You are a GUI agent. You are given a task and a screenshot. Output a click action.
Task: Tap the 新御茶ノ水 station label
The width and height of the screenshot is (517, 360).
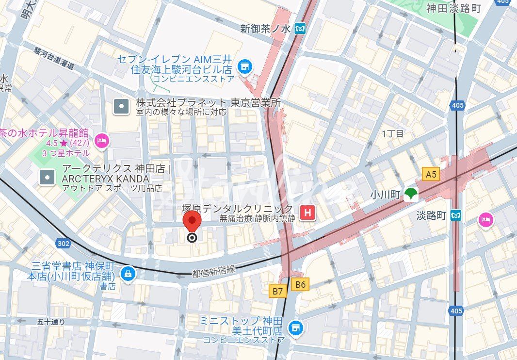pos(265,29)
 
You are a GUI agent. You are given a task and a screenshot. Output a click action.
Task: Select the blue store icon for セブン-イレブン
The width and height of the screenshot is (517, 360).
pos(245,65)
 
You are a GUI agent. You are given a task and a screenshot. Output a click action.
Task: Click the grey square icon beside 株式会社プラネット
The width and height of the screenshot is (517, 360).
pos(121,106)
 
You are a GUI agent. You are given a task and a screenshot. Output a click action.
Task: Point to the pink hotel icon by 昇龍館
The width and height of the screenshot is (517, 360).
pos(102,141)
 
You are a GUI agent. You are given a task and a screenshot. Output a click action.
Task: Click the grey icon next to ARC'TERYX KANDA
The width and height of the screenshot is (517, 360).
pos(47,177)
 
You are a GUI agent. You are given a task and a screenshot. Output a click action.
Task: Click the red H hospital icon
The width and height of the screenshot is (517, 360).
pos(307,213)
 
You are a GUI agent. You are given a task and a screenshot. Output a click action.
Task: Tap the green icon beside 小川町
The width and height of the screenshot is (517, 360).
pos(411,194)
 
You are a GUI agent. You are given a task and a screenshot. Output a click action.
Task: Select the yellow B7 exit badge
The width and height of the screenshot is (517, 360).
pos(277,291)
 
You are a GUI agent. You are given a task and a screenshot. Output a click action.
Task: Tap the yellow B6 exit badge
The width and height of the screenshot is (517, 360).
pos(301,284)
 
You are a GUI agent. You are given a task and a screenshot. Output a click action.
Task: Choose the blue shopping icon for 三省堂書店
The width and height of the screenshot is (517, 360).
pos(127,273)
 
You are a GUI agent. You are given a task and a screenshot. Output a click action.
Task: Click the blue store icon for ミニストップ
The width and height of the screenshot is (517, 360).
pos(294,327)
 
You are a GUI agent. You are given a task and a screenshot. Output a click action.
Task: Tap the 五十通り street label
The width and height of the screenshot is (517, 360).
pos(50,321)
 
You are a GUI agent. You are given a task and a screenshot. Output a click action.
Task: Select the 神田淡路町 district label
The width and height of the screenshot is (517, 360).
pos(453,8)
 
